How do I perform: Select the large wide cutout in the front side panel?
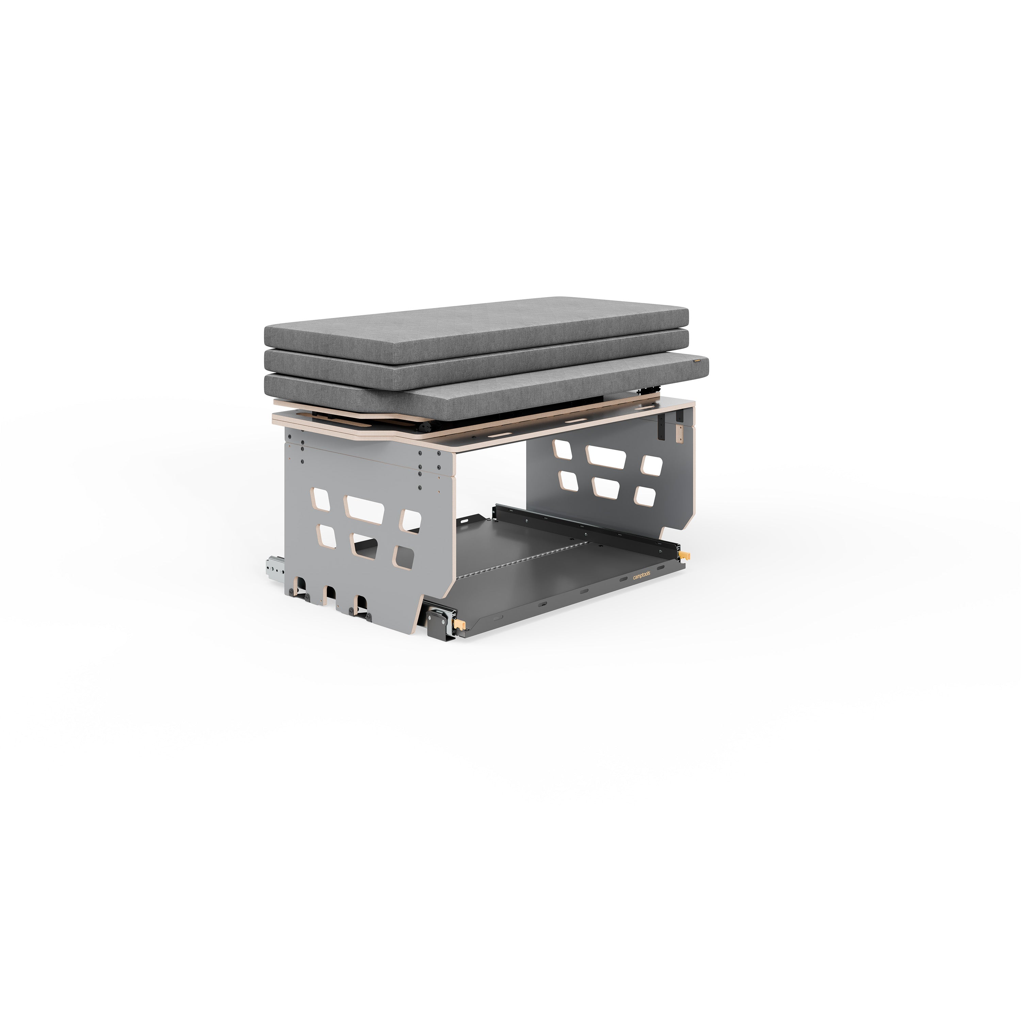pos(364,509)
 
